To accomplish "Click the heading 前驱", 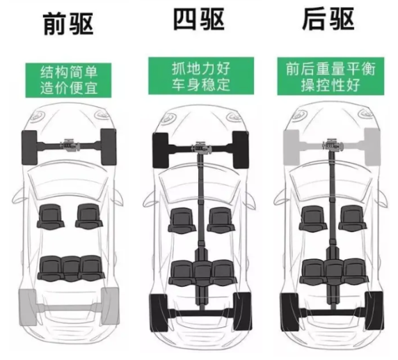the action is [68, 24].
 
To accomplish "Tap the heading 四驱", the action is [199, 19].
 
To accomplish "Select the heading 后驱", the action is [328, 19].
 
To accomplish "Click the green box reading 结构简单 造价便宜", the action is [68, 80].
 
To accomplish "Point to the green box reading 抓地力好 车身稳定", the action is [201, 76].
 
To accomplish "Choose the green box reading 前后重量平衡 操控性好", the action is [331, 76].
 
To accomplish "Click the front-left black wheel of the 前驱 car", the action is [29, 148].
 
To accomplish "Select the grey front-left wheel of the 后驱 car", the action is [292, 148].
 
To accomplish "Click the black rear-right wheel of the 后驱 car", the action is [374, 311].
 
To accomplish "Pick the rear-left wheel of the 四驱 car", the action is [159, 313].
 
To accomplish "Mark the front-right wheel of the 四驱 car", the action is [240, 150].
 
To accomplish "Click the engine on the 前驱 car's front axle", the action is [69, 146].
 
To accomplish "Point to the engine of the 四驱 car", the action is [201, 148].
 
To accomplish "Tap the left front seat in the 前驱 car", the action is [51, 217].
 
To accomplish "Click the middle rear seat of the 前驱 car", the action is [71, 269].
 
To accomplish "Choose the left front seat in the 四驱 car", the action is [182, 220].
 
